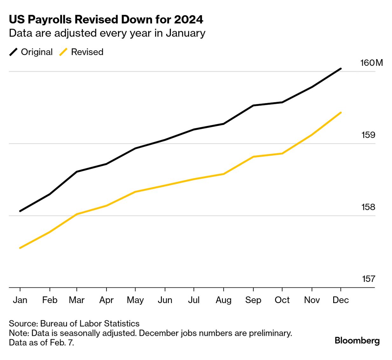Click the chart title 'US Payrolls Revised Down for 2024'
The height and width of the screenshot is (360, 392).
point(106,19)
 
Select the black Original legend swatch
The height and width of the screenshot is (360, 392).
point(13,52)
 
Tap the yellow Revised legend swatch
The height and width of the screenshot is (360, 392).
point(64,52)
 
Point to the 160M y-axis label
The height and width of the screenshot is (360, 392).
point(371,63)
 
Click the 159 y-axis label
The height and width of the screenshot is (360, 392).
point(368,135)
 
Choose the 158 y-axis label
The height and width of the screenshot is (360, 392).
point(368,207)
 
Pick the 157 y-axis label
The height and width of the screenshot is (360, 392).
point(368,279)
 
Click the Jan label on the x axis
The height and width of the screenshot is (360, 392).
point(20,300)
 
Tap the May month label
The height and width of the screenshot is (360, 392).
point(135,300)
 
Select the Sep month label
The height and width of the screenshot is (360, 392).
point(253,300)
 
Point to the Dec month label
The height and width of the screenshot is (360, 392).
point(340,300)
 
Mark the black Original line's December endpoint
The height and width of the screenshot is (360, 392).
point(341,68)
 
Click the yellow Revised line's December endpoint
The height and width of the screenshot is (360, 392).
point(341,113)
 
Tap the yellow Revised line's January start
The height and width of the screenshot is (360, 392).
point(20,248)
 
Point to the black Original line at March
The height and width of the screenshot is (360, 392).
point(77,172)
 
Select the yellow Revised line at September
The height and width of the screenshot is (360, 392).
point(253,157)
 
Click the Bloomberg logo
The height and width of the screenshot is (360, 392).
point(357,341)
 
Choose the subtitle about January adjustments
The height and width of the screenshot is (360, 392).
point(107,33)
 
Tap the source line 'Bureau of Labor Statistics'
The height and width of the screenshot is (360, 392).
point(74,323)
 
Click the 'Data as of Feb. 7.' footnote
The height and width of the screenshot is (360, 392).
point(41,343)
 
